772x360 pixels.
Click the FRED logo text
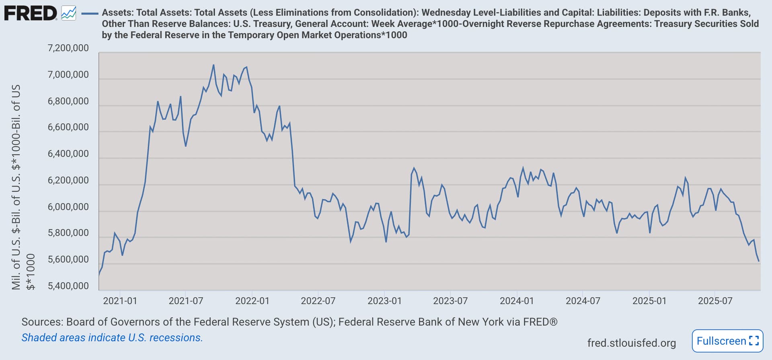pos(31,14)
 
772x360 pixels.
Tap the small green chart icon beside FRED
pos(69,14)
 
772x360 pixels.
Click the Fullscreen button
pos(727,341)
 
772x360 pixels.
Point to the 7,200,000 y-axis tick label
pos(68,48)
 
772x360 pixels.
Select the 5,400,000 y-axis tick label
pos(68,286)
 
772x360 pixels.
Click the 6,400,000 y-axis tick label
pos(68,154)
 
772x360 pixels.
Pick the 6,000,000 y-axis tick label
pos(68,207)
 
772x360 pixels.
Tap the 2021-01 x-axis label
pos(120,301)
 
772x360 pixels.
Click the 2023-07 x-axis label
pos(450,301)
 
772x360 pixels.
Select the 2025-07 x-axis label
pos(715,301)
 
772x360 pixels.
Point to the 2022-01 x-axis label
pos(252,301)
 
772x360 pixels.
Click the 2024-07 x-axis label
pos(583,301)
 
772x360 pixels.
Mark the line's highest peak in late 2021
pos(213,65)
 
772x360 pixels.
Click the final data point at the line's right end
pos(759,261)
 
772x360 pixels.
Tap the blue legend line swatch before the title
pos(90,14)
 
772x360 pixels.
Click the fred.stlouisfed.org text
pos(631,343)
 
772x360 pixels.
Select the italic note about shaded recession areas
pos(112,337)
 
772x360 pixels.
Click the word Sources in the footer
pos(42,322)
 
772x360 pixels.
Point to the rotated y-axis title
pos(16,187)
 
